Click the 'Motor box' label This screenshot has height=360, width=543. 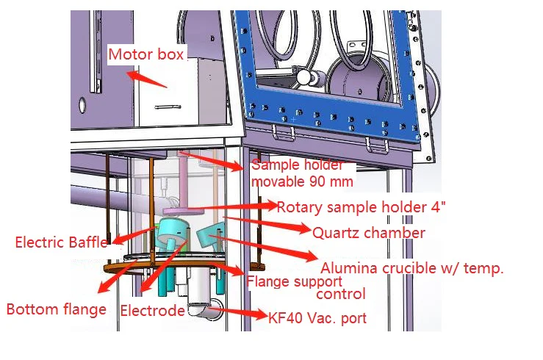tap(145, 54)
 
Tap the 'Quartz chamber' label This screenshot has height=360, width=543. tap(368, 233)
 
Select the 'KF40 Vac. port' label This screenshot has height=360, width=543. tap(317, 318)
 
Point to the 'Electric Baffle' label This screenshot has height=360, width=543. tap(61, 242)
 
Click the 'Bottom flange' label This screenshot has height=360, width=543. tap(57, 309)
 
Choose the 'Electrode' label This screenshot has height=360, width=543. tap(152, 311)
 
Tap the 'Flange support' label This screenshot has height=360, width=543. tap(295, 281)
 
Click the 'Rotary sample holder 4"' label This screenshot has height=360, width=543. tap(362, 207)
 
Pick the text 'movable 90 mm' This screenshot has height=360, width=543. tap(302, 181)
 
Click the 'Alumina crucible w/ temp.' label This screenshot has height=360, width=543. tap(412, 268)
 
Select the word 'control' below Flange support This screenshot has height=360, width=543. tap(341, 294)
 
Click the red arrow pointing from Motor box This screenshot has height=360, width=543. tap(146, 79)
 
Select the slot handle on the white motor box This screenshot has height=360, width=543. tap(168, 107)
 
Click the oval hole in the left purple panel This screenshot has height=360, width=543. tap(82, 105)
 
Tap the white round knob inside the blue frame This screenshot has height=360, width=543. tap(303, 77)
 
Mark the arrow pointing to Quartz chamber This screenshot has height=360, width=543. tap(266, 224)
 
